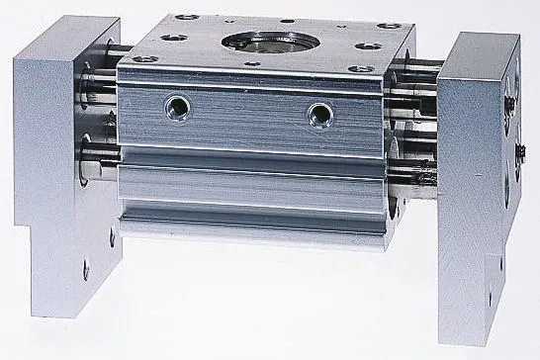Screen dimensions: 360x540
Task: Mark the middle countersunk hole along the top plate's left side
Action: coord(169,37)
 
